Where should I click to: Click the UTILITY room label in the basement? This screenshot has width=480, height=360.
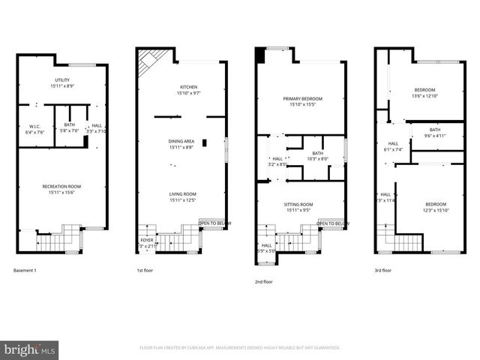[x=63, y=80]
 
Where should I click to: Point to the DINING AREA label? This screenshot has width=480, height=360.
[x=182, y=140]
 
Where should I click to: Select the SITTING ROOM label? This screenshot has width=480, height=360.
[x=298, y=204]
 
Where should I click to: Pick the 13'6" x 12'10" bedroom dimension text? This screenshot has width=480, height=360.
[x=424, y=96]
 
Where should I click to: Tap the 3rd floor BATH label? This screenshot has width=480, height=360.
[x=435, y=130]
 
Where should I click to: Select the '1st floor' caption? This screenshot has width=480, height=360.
[x=145, y=270]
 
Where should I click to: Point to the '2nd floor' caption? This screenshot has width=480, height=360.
[x=265, y=282]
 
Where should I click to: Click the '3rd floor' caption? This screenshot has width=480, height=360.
[x=383, y=270]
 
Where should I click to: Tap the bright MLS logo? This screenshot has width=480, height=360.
[x=30, y=349]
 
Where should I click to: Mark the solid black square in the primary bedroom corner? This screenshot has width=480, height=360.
[x=261, y=55]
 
